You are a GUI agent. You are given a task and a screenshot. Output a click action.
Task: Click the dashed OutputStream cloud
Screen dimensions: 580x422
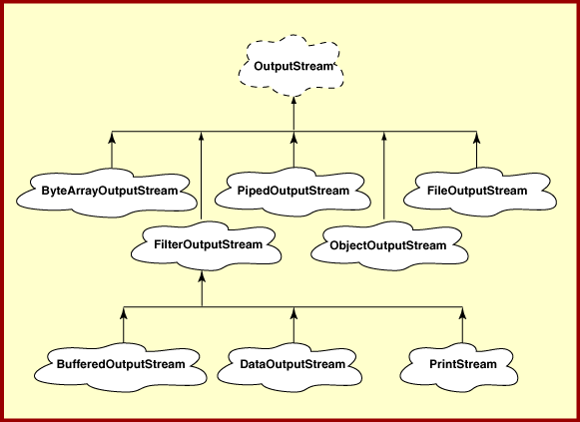click(291, 66)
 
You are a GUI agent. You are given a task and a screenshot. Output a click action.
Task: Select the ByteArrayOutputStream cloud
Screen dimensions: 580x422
click(107, 193)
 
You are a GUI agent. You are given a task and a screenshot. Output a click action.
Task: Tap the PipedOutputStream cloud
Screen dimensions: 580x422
click(292, 192)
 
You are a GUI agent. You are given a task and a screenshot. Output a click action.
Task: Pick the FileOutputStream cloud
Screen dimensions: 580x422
click(480, 192)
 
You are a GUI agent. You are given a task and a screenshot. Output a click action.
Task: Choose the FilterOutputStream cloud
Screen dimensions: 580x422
click(207, 245)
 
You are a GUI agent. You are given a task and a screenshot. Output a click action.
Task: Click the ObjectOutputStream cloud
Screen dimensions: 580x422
click(389, 245)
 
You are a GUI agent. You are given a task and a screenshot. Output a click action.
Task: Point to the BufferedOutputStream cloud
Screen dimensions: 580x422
click(121, 366)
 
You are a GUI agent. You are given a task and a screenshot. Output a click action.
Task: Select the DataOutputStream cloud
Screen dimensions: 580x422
click(290, 366)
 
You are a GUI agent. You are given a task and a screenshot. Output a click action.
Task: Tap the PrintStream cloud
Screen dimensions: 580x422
click(459, 366)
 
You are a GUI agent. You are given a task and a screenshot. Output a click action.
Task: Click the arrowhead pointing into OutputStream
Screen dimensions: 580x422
click(294, 102)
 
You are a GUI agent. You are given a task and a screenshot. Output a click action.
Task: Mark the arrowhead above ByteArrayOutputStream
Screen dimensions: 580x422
click(112, 138)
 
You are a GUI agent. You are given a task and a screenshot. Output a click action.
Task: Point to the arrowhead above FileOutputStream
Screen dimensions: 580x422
click(477, 138)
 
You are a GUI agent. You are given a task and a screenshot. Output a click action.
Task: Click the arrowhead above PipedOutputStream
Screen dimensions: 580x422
click(294, 138)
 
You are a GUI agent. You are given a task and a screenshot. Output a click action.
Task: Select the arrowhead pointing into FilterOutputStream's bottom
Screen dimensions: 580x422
click(202, 276)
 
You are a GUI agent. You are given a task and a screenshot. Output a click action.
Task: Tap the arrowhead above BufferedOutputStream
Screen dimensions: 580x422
click(124, 313)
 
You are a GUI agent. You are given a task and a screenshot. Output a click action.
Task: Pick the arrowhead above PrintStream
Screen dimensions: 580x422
click(462, 313)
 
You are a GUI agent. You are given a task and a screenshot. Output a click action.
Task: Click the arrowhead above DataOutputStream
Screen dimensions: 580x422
click(294, 313)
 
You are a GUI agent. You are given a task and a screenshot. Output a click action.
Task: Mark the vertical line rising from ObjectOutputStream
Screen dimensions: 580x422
click(384, 176)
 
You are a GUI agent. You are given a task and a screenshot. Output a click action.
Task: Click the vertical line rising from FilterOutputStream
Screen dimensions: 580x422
click(202, 176)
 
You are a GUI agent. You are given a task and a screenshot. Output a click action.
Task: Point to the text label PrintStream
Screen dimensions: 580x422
click(463, 364)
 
